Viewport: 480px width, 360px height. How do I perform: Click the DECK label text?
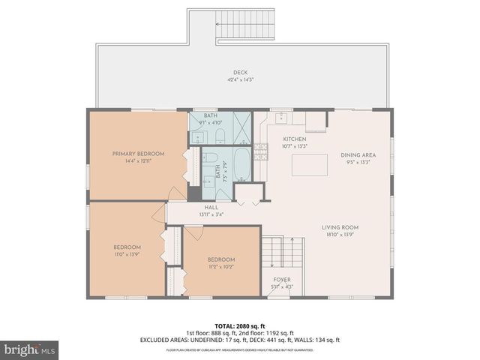[240, 73]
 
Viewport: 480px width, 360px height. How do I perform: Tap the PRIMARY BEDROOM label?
[138, 154]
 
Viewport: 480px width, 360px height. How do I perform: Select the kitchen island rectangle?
[309, 164]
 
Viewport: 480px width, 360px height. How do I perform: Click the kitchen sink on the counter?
[282, 118]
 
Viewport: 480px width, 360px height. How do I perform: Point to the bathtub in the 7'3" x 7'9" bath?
[243, 163]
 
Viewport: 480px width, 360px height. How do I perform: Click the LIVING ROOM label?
[340, 227]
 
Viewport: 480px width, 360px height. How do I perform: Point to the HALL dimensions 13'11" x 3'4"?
[211, 214]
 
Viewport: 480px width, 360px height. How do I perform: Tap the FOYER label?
[281, 279]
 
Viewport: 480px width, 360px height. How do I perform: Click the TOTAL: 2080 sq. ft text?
[240, 326]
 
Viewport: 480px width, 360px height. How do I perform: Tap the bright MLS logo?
[30, 350]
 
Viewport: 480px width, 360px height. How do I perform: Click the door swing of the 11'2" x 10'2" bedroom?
[193, 232]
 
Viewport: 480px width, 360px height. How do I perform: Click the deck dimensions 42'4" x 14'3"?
[240, 79]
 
